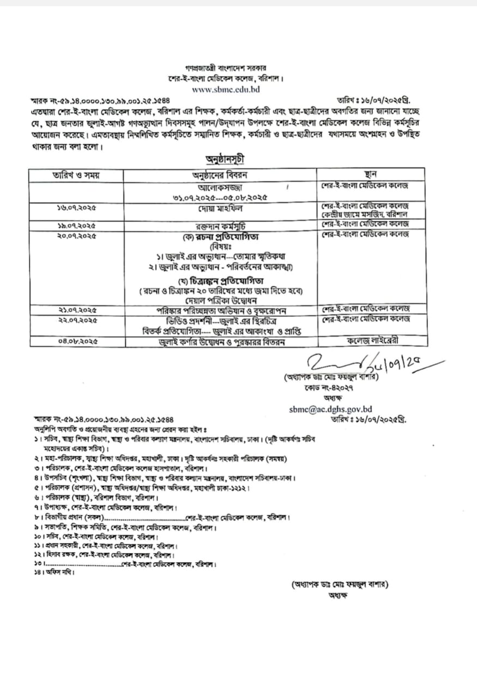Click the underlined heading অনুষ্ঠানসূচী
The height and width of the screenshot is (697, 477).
[225, 160]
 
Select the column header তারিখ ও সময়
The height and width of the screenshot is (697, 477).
[76, 175]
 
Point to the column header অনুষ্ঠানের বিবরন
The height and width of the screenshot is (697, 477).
[220, 175]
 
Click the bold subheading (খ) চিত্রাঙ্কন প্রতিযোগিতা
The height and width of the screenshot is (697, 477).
[220, 281]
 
